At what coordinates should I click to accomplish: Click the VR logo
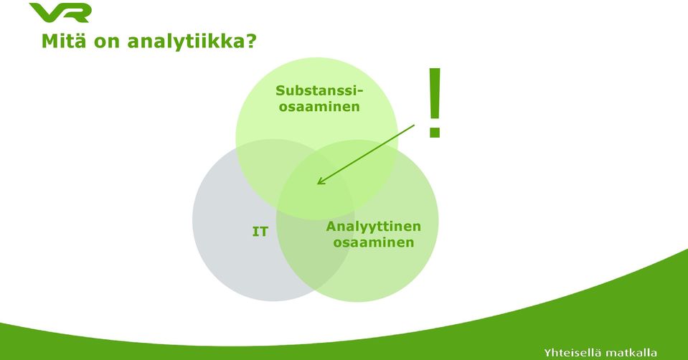(x=60, y=12)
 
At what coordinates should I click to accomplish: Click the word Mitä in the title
(x=62, y=41)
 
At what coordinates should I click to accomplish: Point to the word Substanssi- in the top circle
(x=320, y=91)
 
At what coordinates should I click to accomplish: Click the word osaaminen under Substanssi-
(x=319, y=107)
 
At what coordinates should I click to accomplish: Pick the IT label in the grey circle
(x=260, y=232)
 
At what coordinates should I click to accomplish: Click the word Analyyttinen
(x=373, y=227)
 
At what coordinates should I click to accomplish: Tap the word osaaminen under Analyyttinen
(x=373, y=242)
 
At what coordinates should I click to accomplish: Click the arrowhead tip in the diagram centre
(x=317, y=184)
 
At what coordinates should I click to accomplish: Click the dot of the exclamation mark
(x=434, y=131)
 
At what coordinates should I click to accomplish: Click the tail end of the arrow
(x=414, y=125)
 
